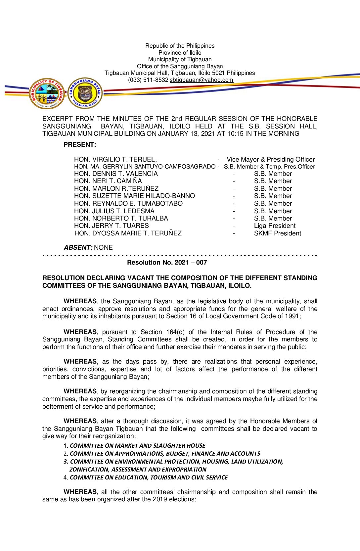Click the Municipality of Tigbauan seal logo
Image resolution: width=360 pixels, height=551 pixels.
(47, 94)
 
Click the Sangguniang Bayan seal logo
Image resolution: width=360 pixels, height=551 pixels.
(85, 93)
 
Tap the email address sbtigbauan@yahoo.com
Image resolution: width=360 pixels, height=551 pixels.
(201, 80)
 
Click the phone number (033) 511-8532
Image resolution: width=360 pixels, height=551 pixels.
(148, 80)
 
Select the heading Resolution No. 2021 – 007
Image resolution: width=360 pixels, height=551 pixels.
(167, 263)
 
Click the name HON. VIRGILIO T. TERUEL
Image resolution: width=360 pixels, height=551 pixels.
(115, 160)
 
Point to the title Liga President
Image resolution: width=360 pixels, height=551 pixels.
(275, 226)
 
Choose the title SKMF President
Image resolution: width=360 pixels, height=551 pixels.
(277, 233)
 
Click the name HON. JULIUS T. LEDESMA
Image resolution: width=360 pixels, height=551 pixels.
(114, 211)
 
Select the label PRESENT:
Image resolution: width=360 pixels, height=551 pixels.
(80, 145)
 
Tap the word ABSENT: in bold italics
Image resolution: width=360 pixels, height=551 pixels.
(78, 248)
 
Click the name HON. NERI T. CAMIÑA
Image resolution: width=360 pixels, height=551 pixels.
(108, 181)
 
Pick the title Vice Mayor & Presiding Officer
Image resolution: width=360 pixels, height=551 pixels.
(271, 160)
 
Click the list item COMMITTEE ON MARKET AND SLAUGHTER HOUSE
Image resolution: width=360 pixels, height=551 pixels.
(137, 446)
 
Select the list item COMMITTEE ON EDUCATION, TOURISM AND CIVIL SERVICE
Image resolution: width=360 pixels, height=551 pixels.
(149, 477)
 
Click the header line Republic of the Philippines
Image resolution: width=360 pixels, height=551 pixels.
(180, 46)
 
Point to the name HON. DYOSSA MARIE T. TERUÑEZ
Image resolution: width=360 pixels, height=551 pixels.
(128, 233)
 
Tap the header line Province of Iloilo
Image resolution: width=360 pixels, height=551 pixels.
(180, 53)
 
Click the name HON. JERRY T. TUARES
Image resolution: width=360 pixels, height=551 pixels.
(111, 226)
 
